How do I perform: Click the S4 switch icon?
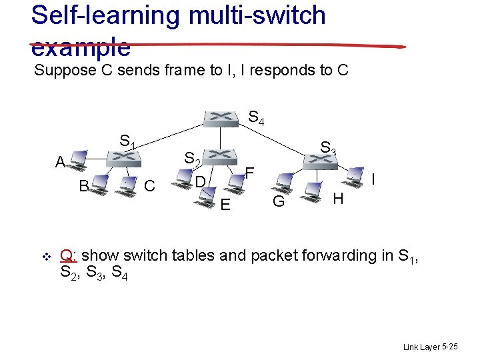(221, 118)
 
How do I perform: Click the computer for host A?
(78, 159)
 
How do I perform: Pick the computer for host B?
(101, 183)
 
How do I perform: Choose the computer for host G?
(285, 182)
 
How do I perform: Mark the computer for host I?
(357, 175)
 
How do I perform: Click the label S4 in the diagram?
(256, 119)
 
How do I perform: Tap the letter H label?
(338, 198)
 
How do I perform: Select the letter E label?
(225, 205)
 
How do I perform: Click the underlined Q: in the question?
(69, 255)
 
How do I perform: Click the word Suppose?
(73, 71)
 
